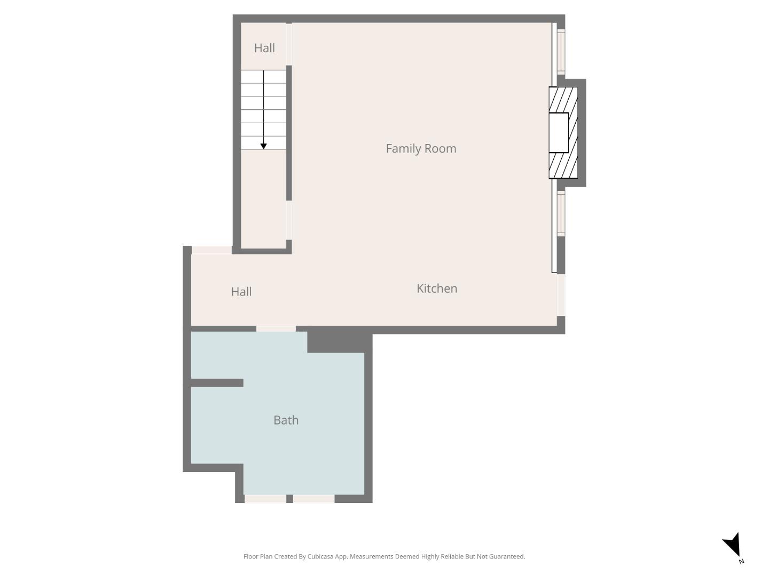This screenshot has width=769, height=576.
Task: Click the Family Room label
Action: tap(421, 148)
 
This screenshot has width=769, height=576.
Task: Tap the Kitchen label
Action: tap(436, 289)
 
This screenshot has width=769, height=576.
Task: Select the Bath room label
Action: tap(286, 420)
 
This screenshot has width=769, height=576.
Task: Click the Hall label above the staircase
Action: tap(264, 48)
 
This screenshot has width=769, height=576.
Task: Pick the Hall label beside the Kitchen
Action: tap(241, 292)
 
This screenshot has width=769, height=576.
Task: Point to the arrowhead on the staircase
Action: tap(263, 146)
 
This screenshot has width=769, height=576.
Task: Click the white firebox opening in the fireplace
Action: tap(559, 132)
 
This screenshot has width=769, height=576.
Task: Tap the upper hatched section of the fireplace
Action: tap(564, 100)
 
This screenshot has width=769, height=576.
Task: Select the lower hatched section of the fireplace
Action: tap(563, 165)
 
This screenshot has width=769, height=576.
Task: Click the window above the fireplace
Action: tap(561, 51)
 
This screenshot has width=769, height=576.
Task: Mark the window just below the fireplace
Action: tap(561, 213)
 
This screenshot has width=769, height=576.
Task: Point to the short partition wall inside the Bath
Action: tap(217, 383)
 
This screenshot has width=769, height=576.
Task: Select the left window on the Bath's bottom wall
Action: tap(265, 499)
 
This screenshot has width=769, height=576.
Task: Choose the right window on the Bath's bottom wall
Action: tap(313, 499)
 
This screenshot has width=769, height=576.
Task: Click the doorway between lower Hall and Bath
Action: tap(276, 329)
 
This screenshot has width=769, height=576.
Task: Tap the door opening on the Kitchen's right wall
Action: tap(561, 294)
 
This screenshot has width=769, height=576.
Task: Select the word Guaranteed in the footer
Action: tap(506, 556)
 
